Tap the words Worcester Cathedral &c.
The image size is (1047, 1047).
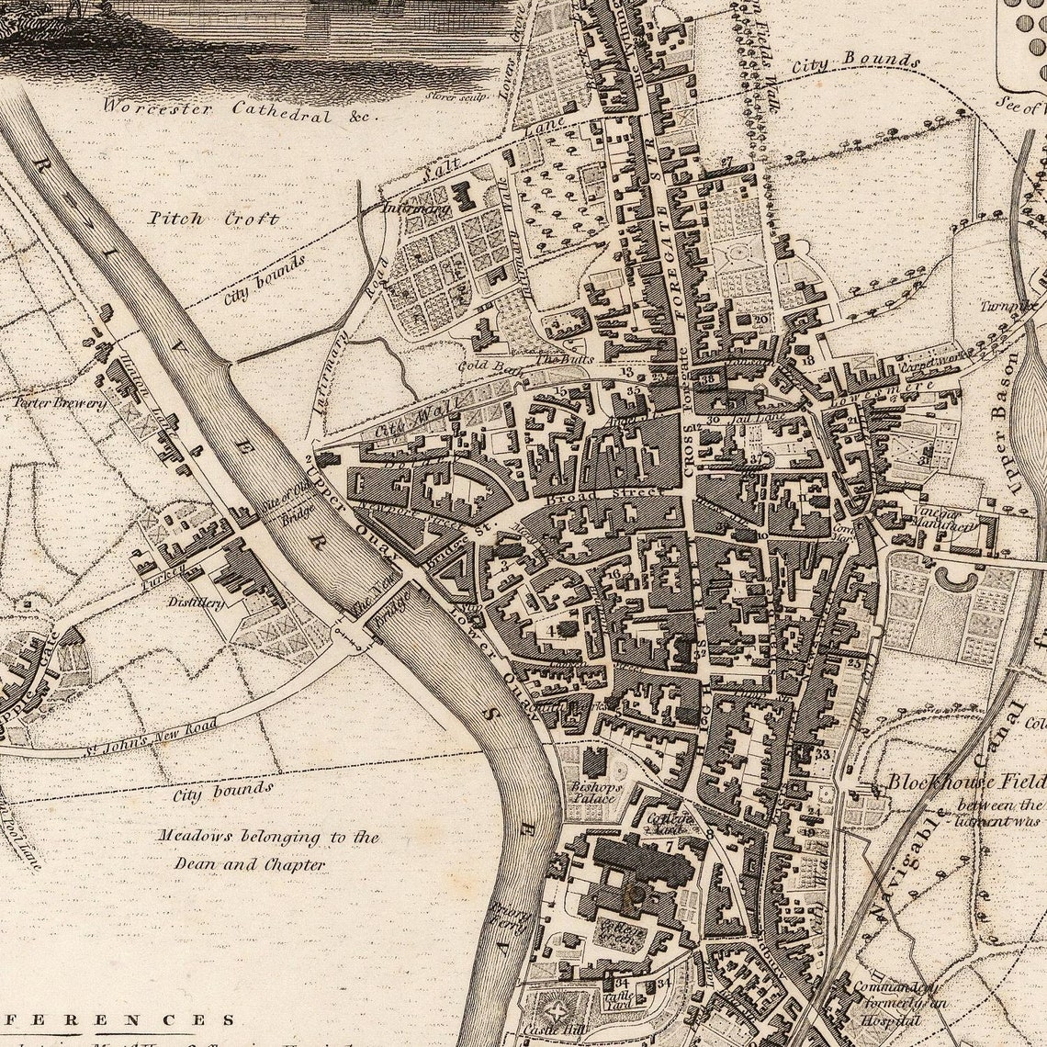coord(241,109)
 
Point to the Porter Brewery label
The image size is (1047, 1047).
coord(60,402)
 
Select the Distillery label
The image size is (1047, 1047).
coord(195,602)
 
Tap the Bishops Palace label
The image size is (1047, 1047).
coord(595,794)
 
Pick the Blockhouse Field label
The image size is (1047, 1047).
coord(964,782)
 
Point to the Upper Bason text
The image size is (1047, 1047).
coord(1008,422)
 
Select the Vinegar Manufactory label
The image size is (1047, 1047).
coord(942,521)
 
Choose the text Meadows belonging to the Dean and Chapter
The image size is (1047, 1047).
coord(266,850)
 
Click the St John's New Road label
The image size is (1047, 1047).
coord(152,735)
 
